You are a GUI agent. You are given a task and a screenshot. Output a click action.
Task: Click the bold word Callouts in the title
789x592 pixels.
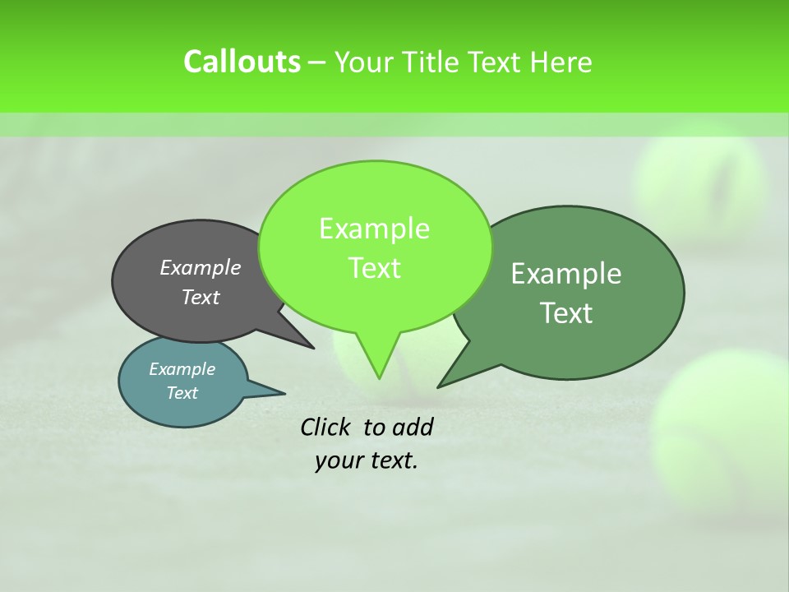tap(242, 62)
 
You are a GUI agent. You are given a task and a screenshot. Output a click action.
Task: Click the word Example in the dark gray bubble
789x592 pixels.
tap(201, 267)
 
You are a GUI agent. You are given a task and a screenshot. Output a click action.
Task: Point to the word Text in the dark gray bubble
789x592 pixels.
tap(201, 297)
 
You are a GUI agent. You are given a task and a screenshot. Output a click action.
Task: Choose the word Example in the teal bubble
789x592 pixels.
tap(182, 369)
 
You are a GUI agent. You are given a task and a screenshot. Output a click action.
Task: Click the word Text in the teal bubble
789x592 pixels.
tap(182, 393)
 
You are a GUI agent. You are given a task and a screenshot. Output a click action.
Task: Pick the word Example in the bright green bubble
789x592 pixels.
tap(374, 229)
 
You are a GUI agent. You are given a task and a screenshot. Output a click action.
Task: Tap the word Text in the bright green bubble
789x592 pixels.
tap(374, 268)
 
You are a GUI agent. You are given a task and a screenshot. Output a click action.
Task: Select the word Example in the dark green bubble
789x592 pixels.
tap(566, 274)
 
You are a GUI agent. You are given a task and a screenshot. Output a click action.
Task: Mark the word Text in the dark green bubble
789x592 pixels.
tap(566, 313)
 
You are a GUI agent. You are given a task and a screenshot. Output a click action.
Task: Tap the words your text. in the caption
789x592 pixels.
tap(367, 460)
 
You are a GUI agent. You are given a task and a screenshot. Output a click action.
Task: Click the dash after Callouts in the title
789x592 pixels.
tap(317, 62)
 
